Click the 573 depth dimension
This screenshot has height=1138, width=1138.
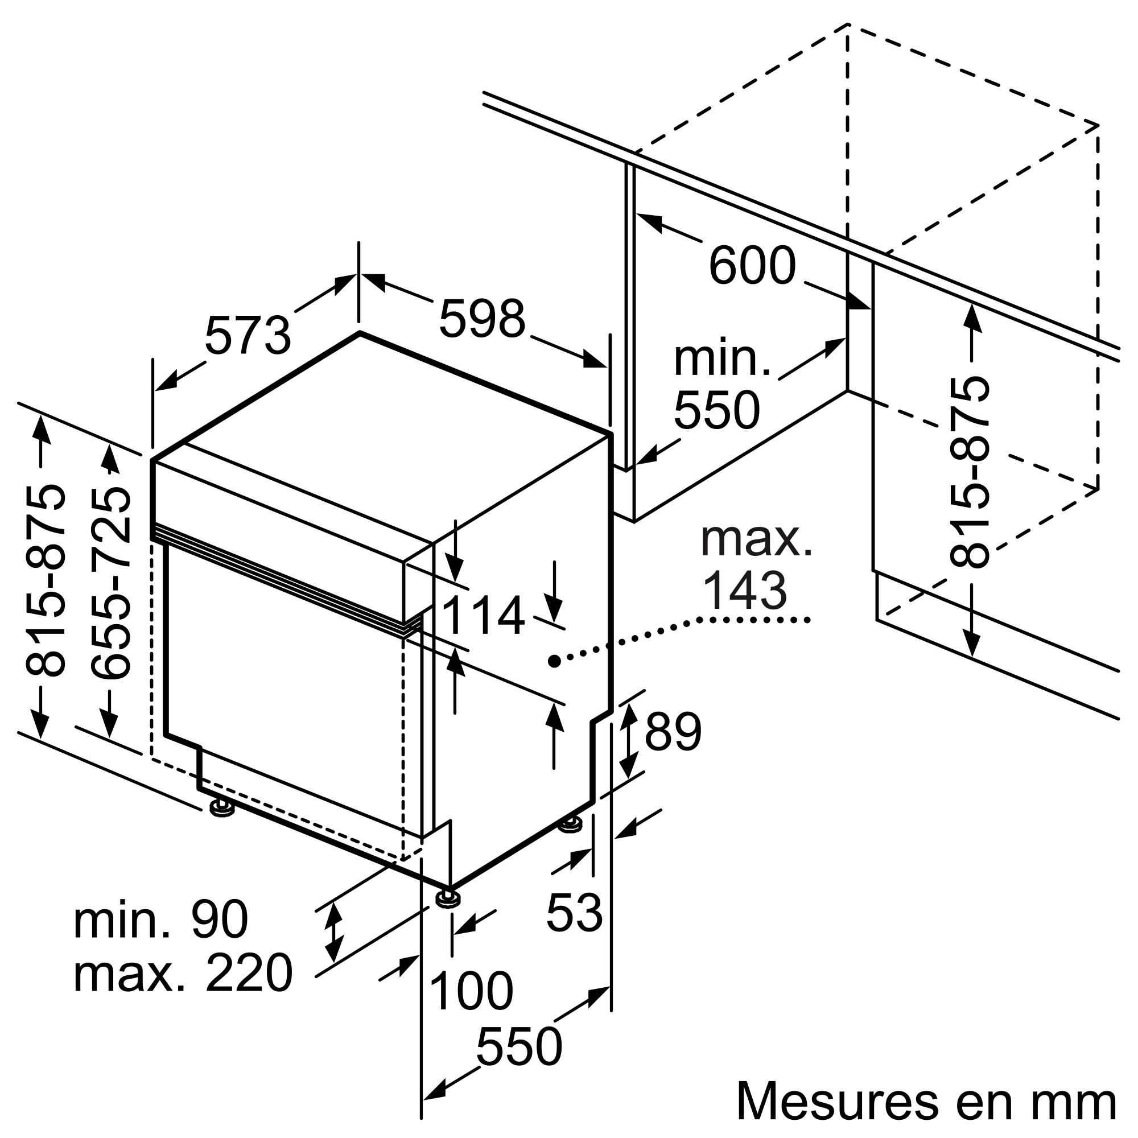pos(248,336)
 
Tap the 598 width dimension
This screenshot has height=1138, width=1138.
pos(482,319)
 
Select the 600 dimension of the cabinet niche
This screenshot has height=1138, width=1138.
pos(752,266)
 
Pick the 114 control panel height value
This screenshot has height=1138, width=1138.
pos(483,616)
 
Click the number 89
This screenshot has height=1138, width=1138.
pos(673,732)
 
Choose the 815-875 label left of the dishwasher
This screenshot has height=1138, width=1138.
pos(44,580)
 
